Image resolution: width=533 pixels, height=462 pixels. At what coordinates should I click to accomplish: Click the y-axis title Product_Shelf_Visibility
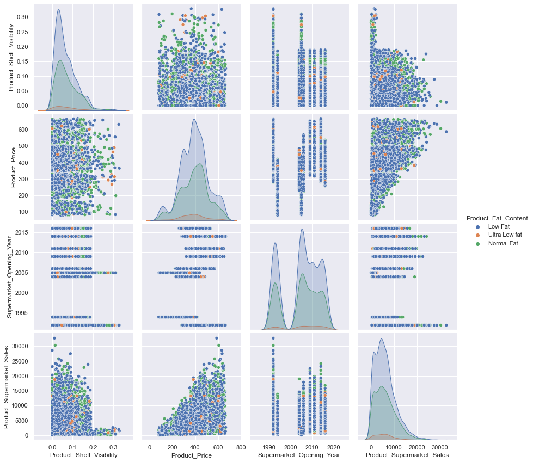(x=11, y=56)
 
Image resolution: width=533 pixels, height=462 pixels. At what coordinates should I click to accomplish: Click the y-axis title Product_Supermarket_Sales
(x=7, y=383)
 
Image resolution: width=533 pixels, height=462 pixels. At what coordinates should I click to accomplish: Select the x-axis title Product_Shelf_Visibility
(x=83, y=454)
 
